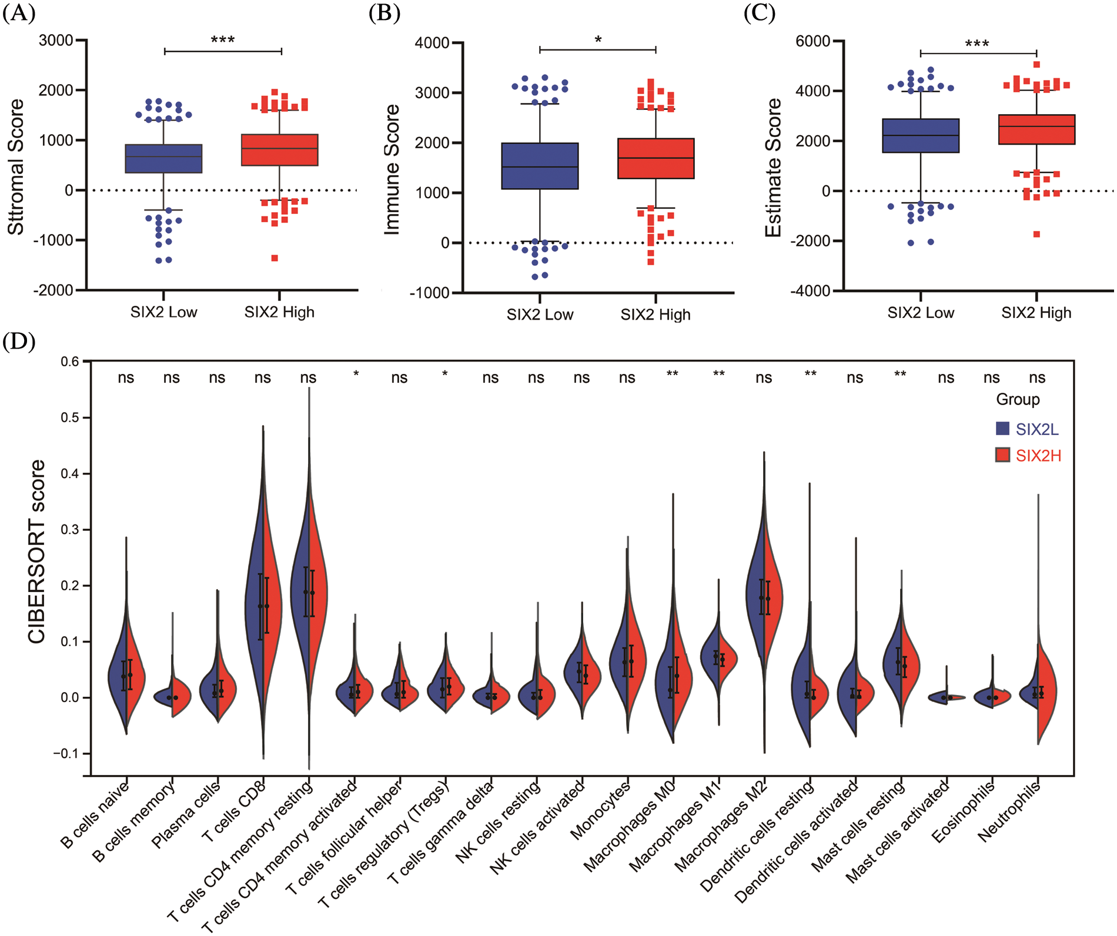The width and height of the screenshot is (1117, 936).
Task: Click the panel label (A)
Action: coord(19,13)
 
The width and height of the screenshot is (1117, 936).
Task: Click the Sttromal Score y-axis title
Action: coord(16,167)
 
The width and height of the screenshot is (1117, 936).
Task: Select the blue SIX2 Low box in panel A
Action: coord(163,158)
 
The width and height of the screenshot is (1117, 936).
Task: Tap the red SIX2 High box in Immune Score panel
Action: coord(656,158)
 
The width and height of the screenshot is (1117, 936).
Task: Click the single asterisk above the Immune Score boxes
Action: coord(598,40)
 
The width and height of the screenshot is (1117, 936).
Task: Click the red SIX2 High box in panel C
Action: coord(1036,129)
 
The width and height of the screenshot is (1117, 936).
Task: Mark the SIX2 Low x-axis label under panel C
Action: coord(921,313)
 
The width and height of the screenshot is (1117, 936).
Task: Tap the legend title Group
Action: coord(1018,400)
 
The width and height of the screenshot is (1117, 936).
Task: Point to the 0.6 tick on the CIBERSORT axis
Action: coord(70,362)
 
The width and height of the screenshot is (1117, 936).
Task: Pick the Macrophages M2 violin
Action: coord(764,600)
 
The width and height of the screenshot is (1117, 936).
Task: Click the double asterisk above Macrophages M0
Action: coord(673,375)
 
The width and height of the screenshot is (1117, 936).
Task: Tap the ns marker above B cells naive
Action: coord(126,378)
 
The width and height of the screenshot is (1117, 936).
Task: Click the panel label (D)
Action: coord(19,342)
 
